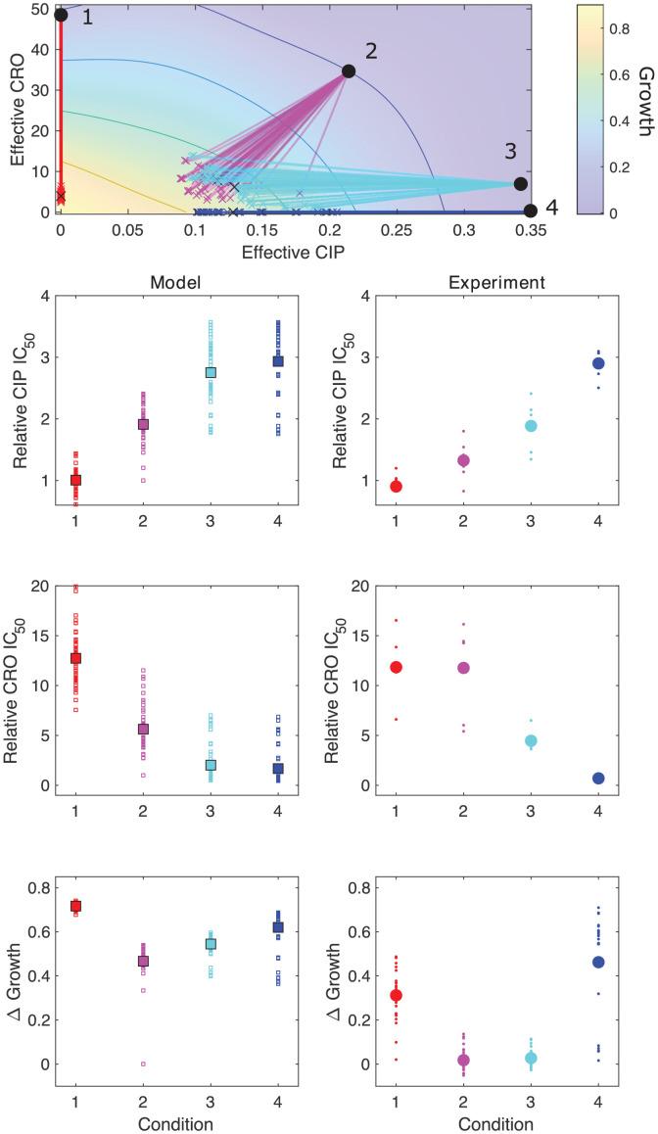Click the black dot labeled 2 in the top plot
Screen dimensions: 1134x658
349,71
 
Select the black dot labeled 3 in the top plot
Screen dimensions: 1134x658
520,183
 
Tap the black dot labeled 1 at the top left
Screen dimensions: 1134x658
61,15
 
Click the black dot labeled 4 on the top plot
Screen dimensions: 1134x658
530,211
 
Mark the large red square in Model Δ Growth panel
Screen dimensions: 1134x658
74,907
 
